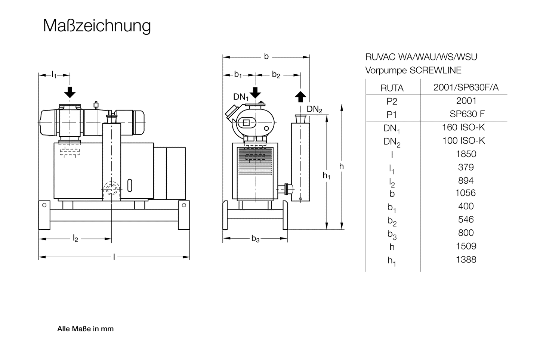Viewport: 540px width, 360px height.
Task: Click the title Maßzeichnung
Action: tap(97, 26)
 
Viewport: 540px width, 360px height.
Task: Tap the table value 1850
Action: tap(466, 154)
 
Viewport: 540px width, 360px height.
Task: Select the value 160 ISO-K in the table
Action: tap(463, 127)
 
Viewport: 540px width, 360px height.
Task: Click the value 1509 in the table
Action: tap(466, 246)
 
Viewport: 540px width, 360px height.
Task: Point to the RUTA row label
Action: tap(392, 88)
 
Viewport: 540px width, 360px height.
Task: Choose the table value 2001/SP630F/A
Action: tap(466, 87)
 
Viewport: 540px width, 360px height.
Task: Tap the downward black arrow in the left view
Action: tap(70, 91)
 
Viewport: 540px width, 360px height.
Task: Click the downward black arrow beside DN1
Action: tap(255, 92)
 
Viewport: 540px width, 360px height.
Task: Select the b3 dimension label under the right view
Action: tap(255, 239)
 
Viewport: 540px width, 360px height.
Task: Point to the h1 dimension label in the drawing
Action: tap(327, 175)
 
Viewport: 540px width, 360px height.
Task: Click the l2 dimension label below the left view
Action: tap(75, 239)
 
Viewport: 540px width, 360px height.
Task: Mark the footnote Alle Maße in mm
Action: tap(85, 329)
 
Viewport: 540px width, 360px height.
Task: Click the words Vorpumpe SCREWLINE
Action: tap(413, 70)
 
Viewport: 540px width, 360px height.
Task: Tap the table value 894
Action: tap(466, 180)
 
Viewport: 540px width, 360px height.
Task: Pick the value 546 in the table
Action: tap(466, 220)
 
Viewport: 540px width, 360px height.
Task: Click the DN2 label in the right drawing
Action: tap(314, 109)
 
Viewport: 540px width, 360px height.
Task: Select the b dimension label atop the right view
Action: tap(266, 56)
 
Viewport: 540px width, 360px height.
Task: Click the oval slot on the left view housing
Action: tap(130, 185)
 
